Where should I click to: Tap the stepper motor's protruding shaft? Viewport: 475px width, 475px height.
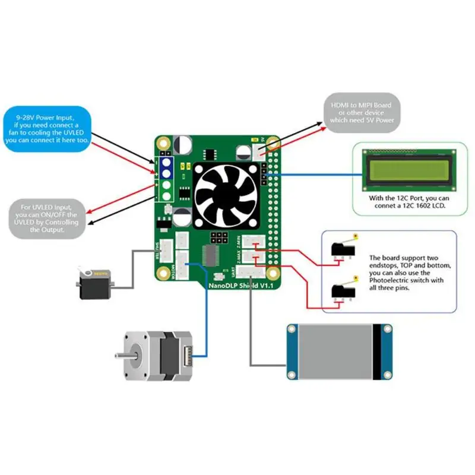(x=118, y=354)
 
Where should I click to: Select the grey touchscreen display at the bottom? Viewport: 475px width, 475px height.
(x=339, y=351)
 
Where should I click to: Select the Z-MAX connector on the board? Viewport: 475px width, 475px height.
(x=257, y=258)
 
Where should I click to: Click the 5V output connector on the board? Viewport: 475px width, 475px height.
(x=259, y=150)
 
